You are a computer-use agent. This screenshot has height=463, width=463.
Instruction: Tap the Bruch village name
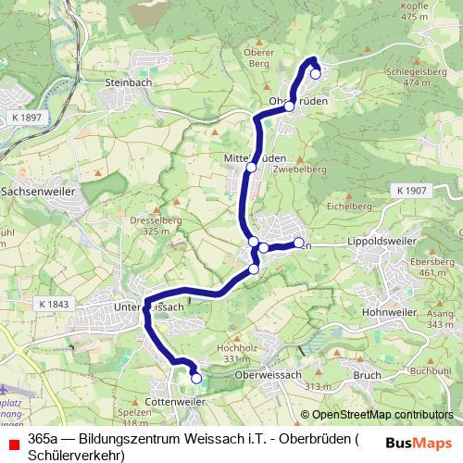(x=368, y=375)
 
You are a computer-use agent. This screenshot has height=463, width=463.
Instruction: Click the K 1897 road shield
(x=29, y=118)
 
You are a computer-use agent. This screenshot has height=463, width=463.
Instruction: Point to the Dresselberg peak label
(x=128, y=223)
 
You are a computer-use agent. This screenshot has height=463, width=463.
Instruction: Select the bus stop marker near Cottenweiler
(x=195, y=378)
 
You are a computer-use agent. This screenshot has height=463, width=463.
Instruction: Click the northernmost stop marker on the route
(x=316, y=74)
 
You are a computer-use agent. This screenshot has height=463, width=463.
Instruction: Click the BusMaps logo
(x=419, y=443)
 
